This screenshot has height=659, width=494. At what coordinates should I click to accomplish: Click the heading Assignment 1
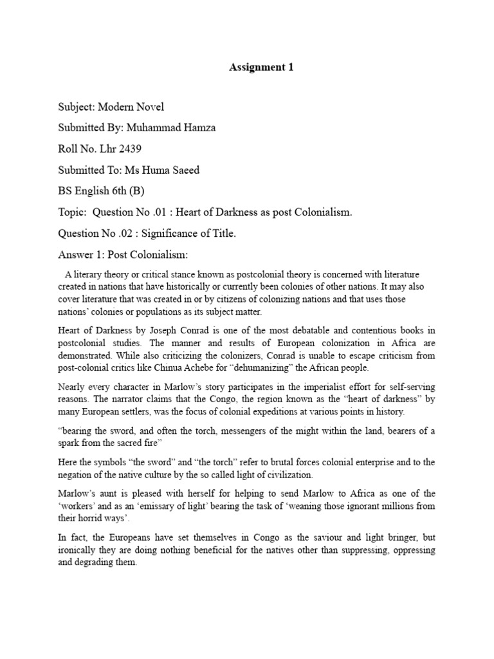point(261,67)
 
